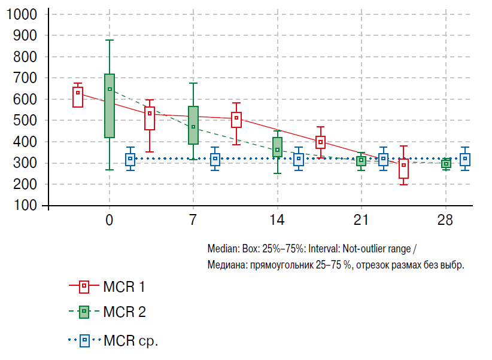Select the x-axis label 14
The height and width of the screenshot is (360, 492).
click(277, 220)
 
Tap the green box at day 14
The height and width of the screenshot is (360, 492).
click(277, 147)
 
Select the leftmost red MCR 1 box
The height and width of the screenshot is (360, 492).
click(78, 97)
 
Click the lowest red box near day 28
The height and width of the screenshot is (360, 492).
click(404, 169)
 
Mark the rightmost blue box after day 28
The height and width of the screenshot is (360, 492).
click(465, 159)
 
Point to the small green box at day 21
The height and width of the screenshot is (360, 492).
click(361, 160)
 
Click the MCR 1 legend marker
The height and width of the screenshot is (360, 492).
click(84, 287)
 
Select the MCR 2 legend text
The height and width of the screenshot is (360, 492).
click(124, 312)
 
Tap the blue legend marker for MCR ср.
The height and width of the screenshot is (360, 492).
click(84, 341)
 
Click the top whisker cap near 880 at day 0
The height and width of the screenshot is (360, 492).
click(110, 40)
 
